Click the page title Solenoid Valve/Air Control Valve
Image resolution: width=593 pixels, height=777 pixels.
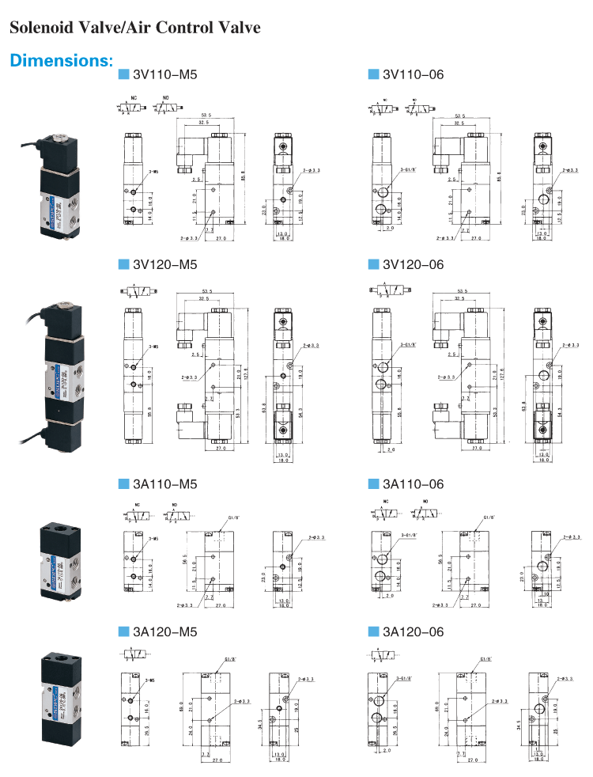click(x=134, y=28)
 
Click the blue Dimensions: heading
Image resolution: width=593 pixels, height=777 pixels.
click(x=62, y=61)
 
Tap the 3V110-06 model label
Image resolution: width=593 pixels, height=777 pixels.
click(x=413, y=75)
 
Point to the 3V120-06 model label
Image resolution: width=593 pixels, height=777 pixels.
click(x=413, y=264)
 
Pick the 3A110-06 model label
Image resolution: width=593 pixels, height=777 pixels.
click(x=413, y=483)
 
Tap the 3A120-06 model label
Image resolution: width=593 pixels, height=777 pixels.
click(x=413, y=631)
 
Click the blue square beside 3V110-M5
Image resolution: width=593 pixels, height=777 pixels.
click(x=123, y=75)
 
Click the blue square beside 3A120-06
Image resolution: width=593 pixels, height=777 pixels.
click(x=373, y=631)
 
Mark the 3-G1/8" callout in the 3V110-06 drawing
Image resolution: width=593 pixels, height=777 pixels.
click(x=408, y=169)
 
